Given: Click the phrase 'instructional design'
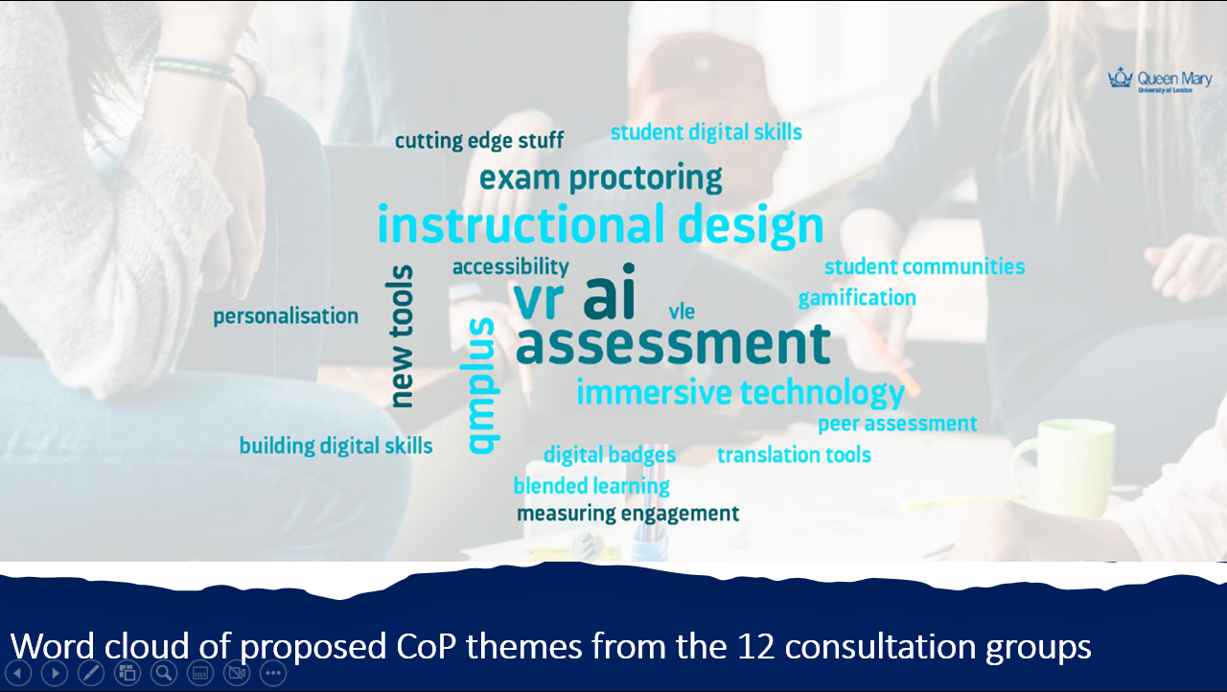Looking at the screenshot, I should coord(600,226).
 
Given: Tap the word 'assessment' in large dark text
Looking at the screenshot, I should coord(673,344).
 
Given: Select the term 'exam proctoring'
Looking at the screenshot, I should coord(600,178).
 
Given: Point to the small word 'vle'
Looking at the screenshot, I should coord(682,311).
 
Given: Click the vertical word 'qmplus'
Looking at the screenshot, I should coord(482,385).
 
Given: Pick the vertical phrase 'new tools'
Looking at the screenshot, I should coord(403,336).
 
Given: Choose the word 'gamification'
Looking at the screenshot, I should coord(857,298).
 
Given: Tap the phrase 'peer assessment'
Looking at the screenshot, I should coord(897,424).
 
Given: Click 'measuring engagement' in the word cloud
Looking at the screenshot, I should coord(628,514).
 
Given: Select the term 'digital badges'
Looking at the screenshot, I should coord(610,455).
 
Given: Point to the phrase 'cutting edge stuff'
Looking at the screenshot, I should coord(479,141).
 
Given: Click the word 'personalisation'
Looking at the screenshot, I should coord(286,316).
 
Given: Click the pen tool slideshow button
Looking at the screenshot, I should coord(91,673).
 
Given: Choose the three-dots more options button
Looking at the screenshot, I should coord(273,673).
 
